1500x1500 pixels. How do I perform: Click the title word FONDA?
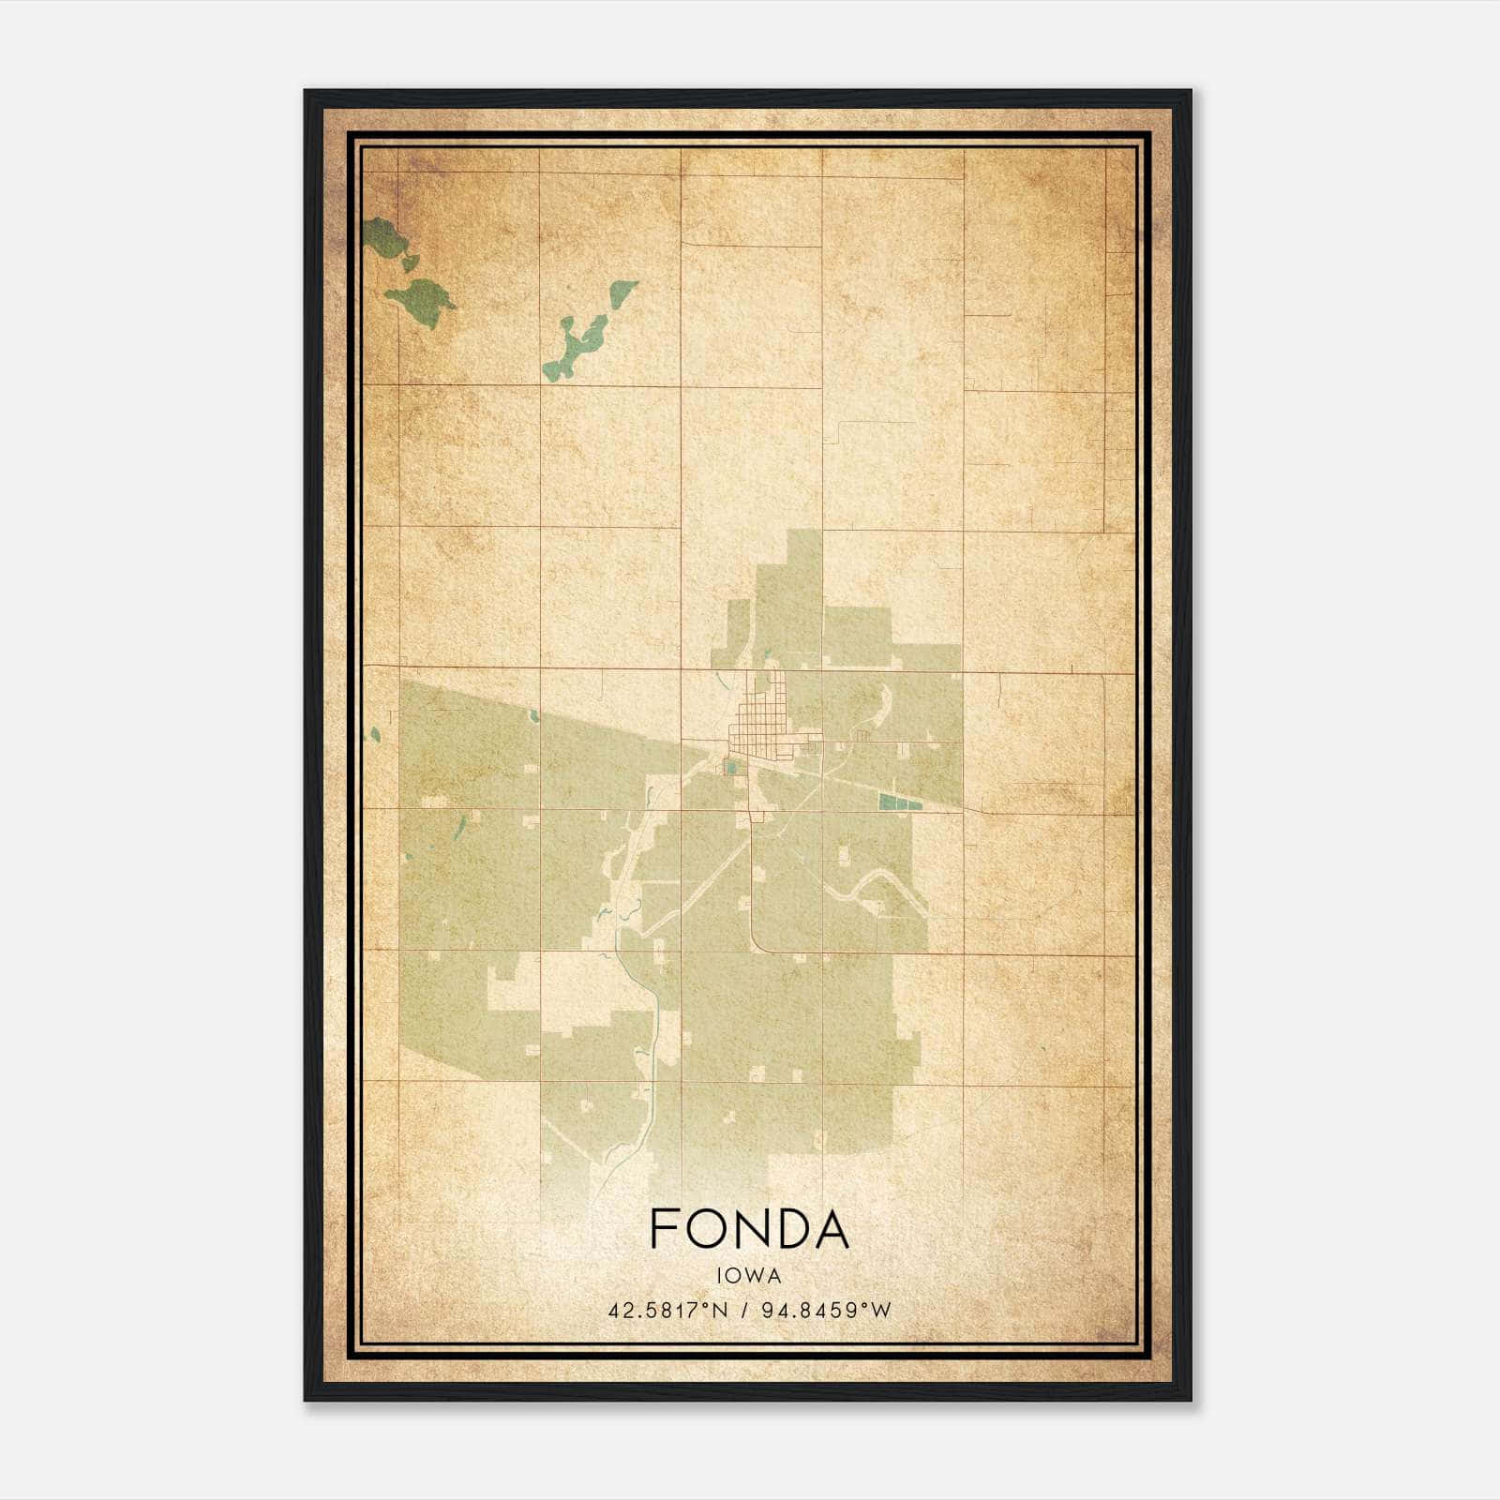pos(749,1229)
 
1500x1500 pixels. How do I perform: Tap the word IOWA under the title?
pos(749,1275)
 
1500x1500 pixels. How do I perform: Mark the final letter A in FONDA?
pos(832,1229)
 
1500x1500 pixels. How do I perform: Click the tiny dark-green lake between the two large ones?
pos(410,262)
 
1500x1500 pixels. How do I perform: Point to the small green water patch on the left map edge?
pos(374,734)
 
